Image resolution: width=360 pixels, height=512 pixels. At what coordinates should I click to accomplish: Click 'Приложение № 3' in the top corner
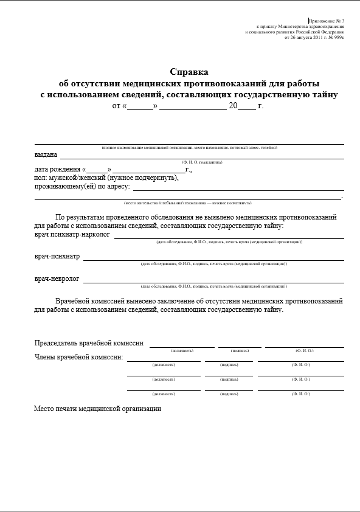(327, 21)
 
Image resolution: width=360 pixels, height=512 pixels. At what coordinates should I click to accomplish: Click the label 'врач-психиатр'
(57, 257)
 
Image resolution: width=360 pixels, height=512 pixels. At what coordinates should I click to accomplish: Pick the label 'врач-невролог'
(57, 279)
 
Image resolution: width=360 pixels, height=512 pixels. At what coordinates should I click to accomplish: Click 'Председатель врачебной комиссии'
(89, 343)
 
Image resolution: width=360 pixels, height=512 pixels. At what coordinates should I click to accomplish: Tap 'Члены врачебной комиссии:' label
(79, 357)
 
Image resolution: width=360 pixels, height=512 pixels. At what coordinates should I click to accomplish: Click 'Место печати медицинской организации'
(98, 409)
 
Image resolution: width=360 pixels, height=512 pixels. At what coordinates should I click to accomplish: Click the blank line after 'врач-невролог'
(213, 282)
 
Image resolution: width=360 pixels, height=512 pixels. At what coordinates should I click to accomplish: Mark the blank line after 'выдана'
(201, 157)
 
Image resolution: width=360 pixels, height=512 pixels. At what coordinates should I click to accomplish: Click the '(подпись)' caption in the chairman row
(240, 351)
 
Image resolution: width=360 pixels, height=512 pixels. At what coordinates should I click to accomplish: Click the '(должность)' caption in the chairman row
(182, 351)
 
